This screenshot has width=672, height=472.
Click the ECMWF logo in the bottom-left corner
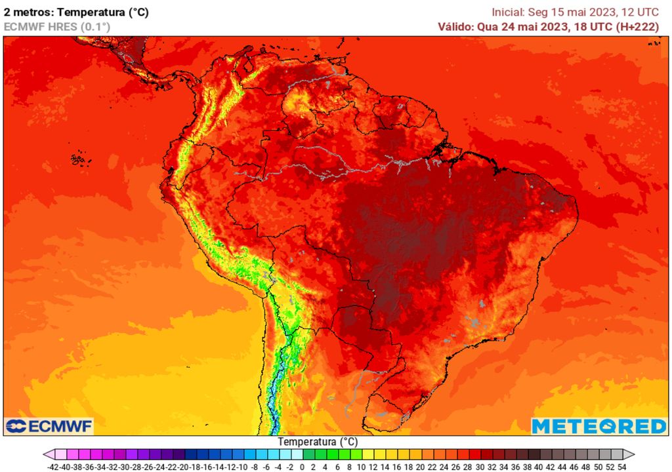coord(49,426)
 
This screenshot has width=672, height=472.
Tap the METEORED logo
coord(599,426)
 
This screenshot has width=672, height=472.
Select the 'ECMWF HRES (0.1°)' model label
coord(57,26)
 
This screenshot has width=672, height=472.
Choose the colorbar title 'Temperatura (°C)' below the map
coord(318,442)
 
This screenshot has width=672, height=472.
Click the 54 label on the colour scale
coord(622,467)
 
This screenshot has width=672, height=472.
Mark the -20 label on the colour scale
coord(185,467)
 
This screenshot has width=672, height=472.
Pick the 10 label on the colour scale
coord(362,467)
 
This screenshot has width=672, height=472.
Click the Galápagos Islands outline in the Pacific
coord(79,158)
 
